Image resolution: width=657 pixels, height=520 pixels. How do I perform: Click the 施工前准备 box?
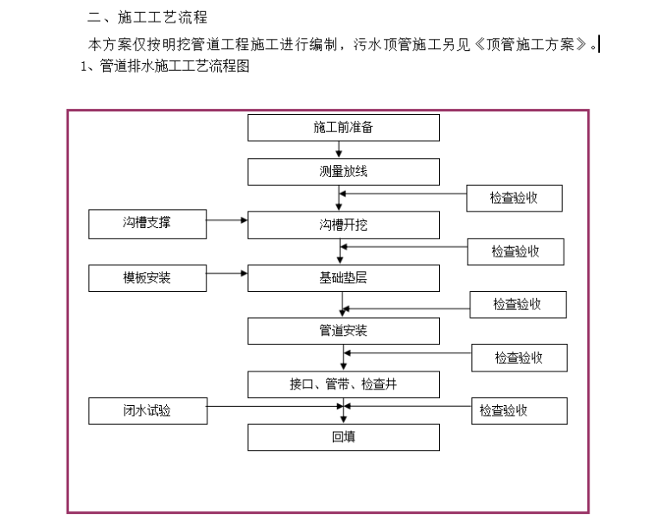(343, 128)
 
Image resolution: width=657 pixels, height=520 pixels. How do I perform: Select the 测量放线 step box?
(343, 172)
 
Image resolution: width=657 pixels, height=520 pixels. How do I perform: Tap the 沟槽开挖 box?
(343, 225)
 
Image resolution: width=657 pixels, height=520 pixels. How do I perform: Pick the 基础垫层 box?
(343, 278)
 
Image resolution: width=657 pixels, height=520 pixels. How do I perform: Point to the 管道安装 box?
(343, 331)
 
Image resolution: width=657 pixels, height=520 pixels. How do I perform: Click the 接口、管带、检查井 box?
(343, 384)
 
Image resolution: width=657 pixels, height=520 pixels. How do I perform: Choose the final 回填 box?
(343, 437)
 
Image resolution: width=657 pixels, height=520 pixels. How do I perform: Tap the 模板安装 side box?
(147, 278)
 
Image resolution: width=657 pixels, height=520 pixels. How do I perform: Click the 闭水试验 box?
(147, 411)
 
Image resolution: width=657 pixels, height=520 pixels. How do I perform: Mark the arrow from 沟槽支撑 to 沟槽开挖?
(227, 221)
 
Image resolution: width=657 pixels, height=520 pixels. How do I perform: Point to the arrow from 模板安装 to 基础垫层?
(227, 274)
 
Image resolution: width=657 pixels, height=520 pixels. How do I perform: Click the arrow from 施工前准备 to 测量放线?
(339, 150)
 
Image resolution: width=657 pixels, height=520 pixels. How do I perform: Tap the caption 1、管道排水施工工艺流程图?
(164, 67)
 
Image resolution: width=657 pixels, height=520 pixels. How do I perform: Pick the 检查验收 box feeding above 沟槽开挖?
(514, 198)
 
